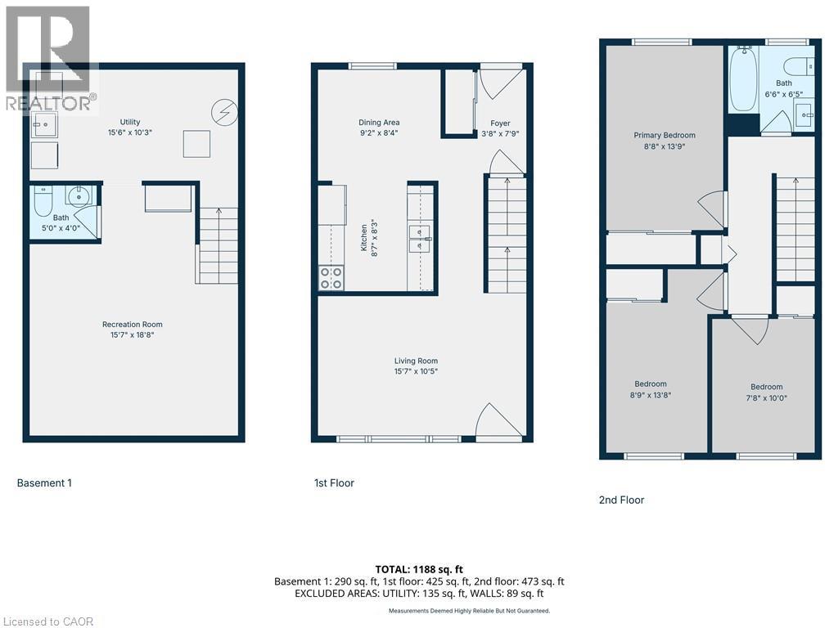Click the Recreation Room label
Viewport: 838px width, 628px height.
click(132, 325)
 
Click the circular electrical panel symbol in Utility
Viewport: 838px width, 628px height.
click(222, 110)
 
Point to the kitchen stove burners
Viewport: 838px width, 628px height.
click(331, 278)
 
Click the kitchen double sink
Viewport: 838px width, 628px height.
click(421, 238)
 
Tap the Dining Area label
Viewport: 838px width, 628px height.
click(378, 123)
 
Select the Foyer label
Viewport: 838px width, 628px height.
click(500, 123)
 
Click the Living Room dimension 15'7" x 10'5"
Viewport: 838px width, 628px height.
click(416, 372)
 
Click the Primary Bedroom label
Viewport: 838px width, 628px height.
click(665, 136)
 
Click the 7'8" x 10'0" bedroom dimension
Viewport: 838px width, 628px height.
click(766, 398)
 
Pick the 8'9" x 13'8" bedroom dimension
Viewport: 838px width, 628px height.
click(651, 395)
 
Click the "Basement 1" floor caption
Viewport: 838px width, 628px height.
click(44, 483)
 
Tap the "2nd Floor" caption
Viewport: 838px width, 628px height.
click(621, 500)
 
